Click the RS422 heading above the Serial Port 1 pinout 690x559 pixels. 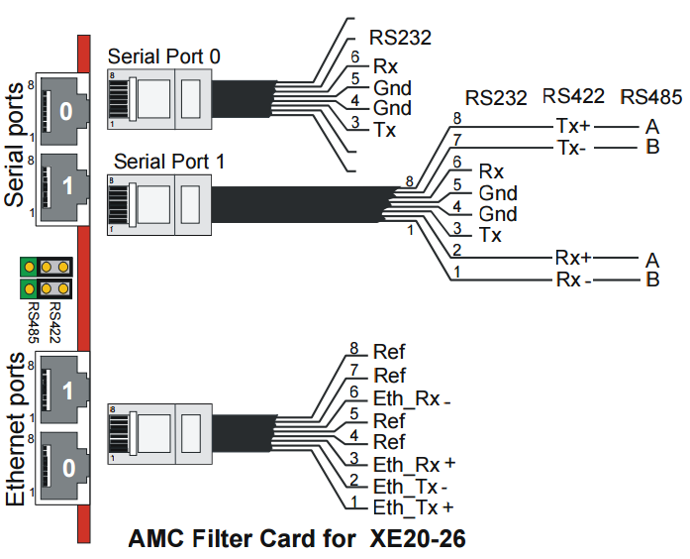[573, 96]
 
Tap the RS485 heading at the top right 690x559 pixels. [650, 97]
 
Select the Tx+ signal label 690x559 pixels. [573, 126]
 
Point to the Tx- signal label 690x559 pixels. [571, 148]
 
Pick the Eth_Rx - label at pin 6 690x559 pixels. [412, 399]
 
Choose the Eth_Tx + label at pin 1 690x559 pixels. [413, 507]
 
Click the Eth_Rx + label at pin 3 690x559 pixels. [414, 465]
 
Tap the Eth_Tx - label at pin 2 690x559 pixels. [411, 487]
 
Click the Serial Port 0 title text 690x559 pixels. [164, 56]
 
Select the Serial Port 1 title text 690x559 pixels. [169, 162]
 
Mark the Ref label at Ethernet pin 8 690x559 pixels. [389, 352]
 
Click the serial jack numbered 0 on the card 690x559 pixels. [63, 110]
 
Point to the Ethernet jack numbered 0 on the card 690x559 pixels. [63, 467]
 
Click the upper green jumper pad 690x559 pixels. [29, 267]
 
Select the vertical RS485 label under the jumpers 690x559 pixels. [34, 323]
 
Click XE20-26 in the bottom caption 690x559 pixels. [418, 538]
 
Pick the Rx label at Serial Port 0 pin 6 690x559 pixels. [385, 67]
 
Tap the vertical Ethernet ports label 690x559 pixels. [15, 429]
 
